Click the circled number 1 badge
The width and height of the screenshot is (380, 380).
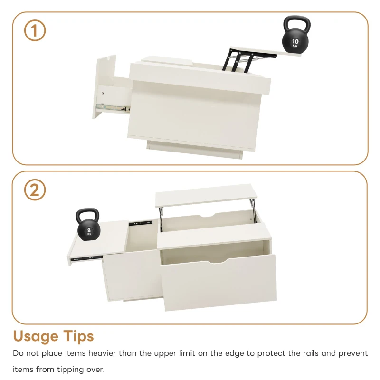coord(35,31)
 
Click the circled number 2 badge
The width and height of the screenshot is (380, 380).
coord(35,190)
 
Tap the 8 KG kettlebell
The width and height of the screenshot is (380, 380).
coord(88,230)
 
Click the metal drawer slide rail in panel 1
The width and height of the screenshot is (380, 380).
coord(112,108)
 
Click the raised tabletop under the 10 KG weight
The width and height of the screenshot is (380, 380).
coord(266,51)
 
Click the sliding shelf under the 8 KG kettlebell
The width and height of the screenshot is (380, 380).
coord(100,242)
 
